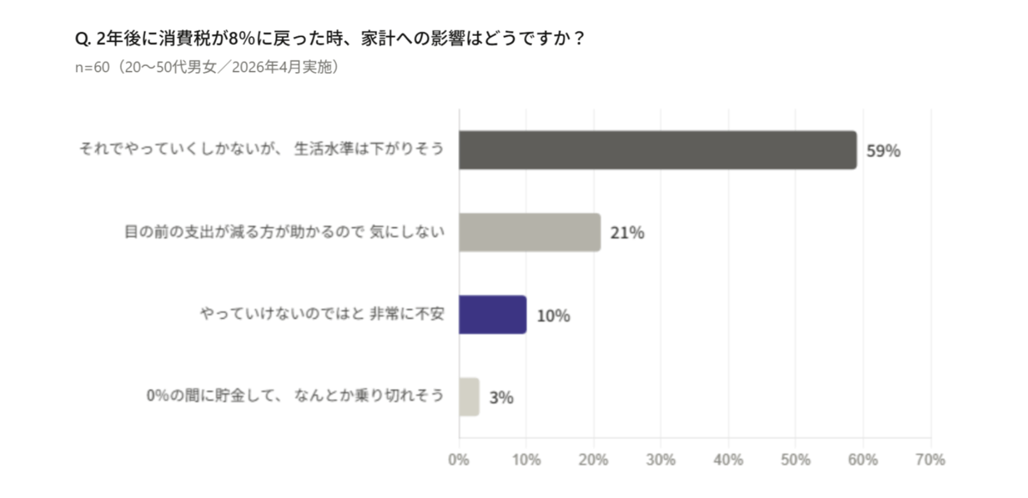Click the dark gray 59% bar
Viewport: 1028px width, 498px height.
[657, 150]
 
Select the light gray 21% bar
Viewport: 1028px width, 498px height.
[529, 232]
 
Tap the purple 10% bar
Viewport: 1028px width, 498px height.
[493, 315]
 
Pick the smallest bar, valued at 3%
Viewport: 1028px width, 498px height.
[469, 397]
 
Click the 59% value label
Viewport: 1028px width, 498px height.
[883, 151]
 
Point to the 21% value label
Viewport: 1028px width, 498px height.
[627, 233]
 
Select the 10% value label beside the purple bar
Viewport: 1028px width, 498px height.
[553, 315]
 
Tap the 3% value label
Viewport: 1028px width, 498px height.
[501, 398]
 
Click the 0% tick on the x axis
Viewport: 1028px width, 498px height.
[458, 459]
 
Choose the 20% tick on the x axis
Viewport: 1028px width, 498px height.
[594, 459]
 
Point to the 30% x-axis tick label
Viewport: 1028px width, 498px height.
[660, 459]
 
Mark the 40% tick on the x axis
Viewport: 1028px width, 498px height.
[728, 459]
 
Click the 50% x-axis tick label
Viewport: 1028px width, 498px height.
[796, 459]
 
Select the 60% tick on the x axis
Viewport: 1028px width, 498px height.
[863, 459]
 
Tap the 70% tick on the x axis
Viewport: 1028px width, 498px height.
[929, 459]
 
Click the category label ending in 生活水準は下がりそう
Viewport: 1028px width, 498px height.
[261, 149]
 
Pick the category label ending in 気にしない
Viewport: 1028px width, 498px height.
[284, 231]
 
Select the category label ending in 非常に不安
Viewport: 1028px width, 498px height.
[321, 314]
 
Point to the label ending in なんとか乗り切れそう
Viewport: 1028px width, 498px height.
[296, 396]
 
